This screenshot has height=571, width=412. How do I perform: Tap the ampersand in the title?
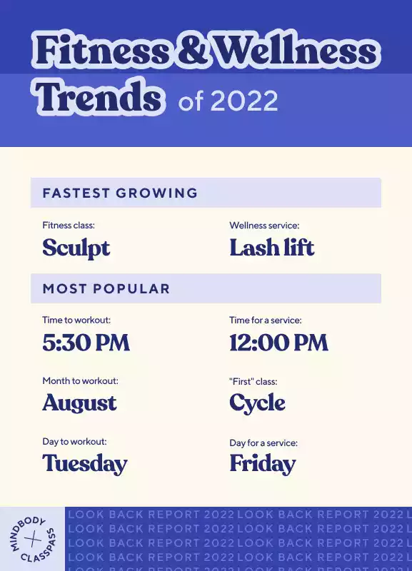[x=191, y=49]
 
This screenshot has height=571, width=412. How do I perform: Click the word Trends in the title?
[x=99, y=96]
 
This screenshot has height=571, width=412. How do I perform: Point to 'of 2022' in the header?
[x=228, y=101]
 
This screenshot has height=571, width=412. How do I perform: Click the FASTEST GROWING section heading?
[x=120, y=193]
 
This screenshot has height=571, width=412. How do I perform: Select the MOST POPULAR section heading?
[x=106, y=288]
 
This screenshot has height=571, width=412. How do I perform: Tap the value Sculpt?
[x=76, y=248]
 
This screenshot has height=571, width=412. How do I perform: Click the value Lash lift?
[x=272, y=247]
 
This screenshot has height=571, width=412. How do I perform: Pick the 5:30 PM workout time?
[x=86, y=343]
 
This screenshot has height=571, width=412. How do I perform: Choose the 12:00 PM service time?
[x=278, y=343]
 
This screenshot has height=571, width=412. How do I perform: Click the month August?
[x=79, y=403]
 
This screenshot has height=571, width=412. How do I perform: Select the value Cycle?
[x=257, y=403]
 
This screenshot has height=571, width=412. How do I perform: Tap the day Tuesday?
[x=85, y=464]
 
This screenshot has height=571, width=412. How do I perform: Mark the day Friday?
[x=263, y=464]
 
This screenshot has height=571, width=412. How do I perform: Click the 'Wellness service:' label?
[x=264, y=226]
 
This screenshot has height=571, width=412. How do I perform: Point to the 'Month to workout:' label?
[x=81, y=381]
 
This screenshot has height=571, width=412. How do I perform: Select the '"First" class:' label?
[x=253, y=381]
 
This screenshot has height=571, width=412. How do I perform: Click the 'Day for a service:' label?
[x=263, y=443]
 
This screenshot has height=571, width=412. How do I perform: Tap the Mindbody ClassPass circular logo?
[x=33, y=539]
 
